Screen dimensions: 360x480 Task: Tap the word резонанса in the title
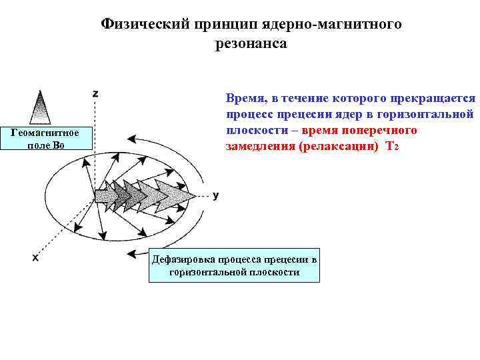click(x=251, y=44)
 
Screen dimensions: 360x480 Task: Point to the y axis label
click(x=215, y=195)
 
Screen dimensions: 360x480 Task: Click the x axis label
click(x=35, y=258)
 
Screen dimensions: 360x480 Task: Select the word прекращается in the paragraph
click(x=436, y=98)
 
